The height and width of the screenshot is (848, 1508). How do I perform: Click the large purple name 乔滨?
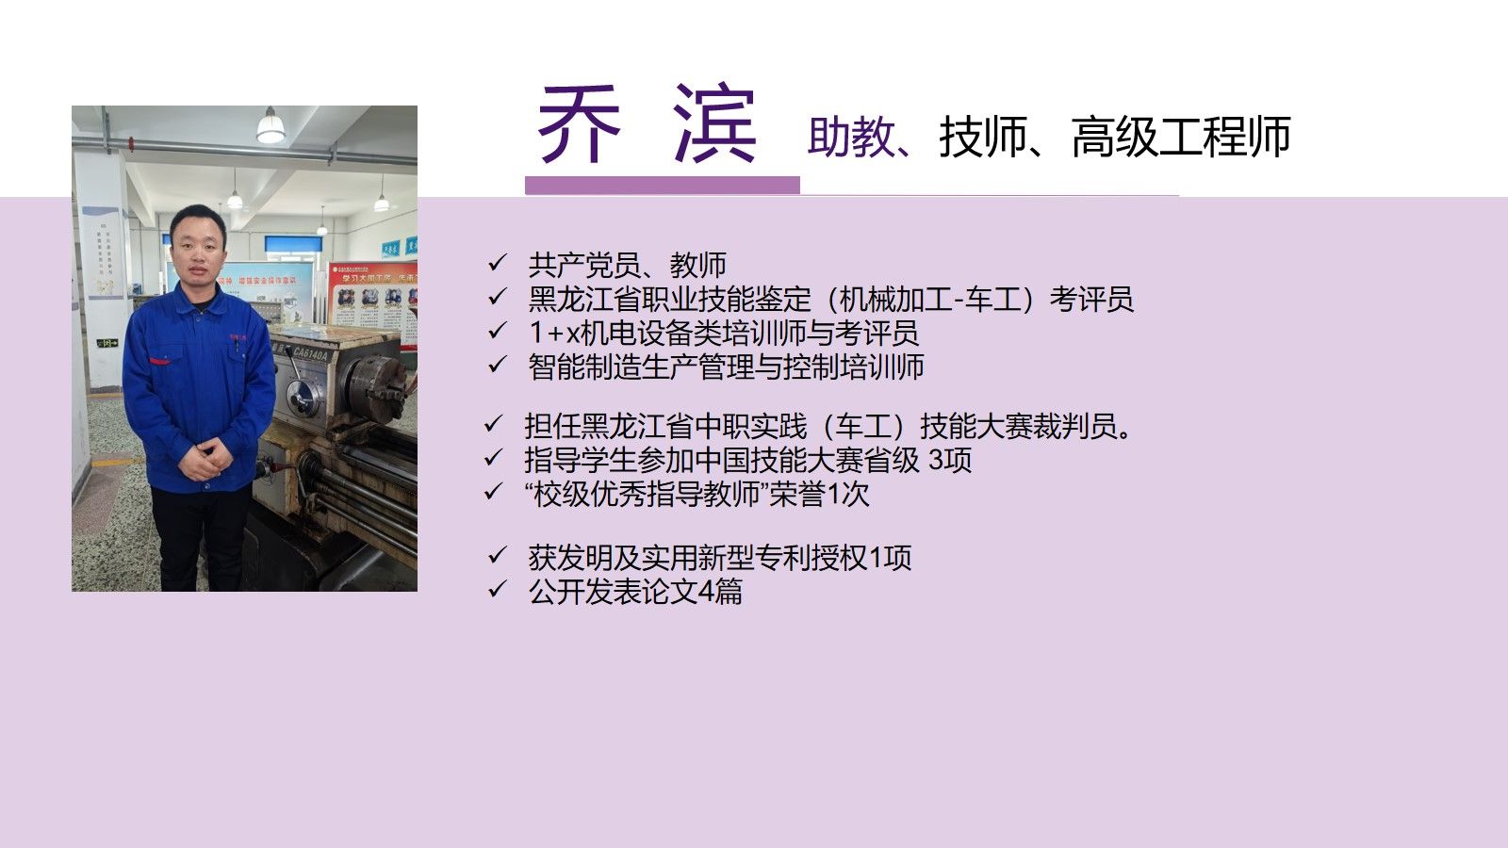pyautogui.click(x=647, y=124)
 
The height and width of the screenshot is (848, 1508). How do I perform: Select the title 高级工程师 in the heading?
pyautogui.click(x=1181, y=137)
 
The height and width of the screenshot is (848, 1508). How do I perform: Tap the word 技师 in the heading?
pyautogui.click(x=983, y=137)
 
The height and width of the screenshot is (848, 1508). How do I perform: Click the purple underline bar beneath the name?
pyautogui.click(x=663, y=185)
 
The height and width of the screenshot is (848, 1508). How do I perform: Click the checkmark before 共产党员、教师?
pyautogui.click(x=498, y=263)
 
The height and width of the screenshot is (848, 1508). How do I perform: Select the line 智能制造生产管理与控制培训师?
pyautogui.click(x=726, y=367)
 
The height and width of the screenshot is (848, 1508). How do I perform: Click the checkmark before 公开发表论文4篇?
pyautogui.click(x=498, y=590)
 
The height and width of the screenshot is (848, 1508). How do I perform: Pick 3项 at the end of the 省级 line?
pyautogui.click(x=950, y=461)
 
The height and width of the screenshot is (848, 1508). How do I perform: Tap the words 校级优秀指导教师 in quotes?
pyautogui.click(x=647, y=495)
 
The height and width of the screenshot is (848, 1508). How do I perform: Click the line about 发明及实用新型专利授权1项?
pyautogui.click(x=720, y=558)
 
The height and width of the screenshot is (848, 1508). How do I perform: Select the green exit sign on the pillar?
pyautogui.click(x=107, y=343)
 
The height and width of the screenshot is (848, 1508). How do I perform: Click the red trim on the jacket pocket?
pyautogui.click(x=159, y=362)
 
